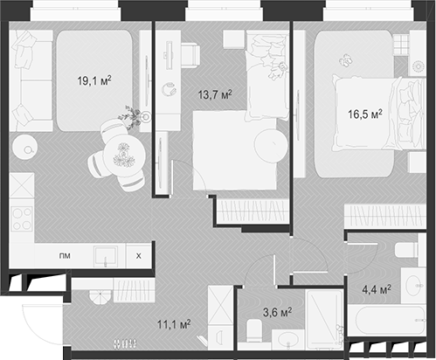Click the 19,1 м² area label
click(93, 81)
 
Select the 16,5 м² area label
click(365, 112)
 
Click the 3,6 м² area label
click(277, 311)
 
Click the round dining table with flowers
click(123, 156)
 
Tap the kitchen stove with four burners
click(21, 218)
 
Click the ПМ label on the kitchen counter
click(65, 256)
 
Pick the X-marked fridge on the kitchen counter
click(138, 256)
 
